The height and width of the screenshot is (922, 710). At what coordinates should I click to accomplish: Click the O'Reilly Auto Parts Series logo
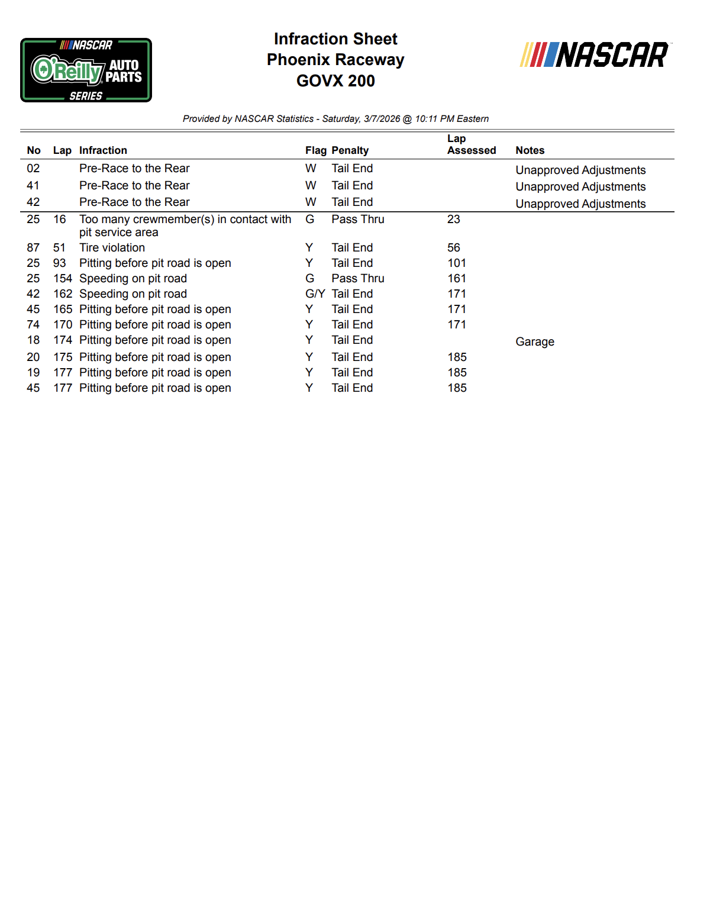coord(86,70)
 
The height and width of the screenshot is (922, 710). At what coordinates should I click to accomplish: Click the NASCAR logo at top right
coord(595,55)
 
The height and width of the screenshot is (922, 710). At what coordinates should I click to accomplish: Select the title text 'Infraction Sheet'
coord(335,39)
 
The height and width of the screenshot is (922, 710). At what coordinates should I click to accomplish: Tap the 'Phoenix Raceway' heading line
coord(335,60)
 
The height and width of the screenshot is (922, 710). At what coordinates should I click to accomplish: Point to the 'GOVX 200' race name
coord(335,81)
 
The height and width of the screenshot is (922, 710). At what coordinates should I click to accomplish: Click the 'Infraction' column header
coord(103,150)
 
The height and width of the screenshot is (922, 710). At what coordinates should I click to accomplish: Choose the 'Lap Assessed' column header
coord(471,144)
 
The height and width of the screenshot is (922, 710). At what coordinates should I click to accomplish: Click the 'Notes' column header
coord(530,150)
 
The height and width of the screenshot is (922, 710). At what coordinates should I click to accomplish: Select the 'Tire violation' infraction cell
coord(112,248)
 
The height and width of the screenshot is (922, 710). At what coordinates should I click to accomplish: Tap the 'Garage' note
coord(535,342)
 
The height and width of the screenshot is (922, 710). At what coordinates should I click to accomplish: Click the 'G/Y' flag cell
coord(315,294)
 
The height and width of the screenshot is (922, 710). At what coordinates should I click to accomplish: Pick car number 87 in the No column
coord(33,248)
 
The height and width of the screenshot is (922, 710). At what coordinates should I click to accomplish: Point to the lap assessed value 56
coord(454,248)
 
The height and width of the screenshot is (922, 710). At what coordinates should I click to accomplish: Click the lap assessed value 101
coord(457,263)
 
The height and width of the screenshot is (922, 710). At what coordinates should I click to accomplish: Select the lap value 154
coord(62,279)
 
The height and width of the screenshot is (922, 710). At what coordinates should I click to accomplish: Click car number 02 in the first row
coord(33,169)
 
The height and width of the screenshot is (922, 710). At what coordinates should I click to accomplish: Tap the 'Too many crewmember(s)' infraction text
coord(185,220)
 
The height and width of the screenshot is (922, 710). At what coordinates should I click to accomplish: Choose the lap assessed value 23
coord(454,220)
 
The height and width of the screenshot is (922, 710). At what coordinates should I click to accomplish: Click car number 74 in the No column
coord(33,325)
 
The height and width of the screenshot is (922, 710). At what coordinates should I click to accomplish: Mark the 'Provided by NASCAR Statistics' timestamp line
coord(335,119)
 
